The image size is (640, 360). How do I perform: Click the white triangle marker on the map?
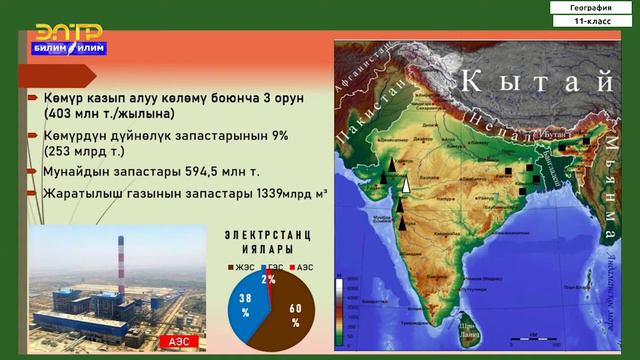406,183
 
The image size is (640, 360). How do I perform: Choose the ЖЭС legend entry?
243,268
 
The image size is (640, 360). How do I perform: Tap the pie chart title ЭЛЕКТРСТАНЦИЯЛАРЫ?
265,241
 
